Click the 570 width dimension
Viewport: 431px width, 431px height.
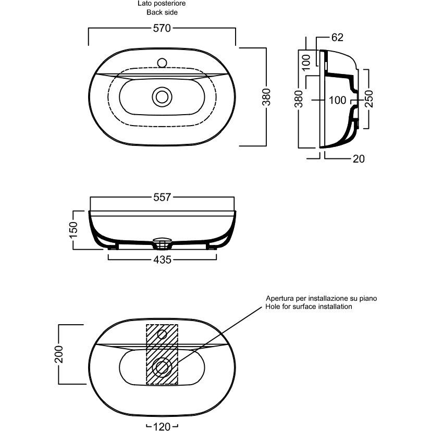point(162,29)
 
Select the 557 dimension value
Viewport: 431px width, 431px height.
point(163,197)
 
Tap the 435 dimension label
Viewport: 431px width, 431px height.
point(163,260)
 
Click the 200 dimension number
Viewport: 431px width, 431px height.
point(59,354)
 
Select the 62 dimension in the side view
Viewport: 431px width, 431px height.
point(337,37)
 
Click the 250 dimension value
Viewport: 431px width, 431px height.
point(369,98)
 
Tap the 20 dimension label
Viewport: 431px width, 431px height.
point(358,159)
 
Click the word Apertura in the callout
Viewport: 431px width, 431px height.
point(280,299)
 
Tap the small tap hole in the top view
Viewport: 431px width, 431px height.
point(162,63)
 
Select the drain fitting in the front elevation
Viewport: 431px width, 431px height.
point(162,241)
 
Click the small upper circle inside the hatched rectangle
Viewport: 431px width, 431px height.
point(162,334)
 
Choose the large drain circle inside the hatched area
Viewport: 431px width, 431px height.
point(162,367)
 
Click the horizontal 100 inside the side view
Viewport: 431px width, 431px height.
point(338,99)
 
